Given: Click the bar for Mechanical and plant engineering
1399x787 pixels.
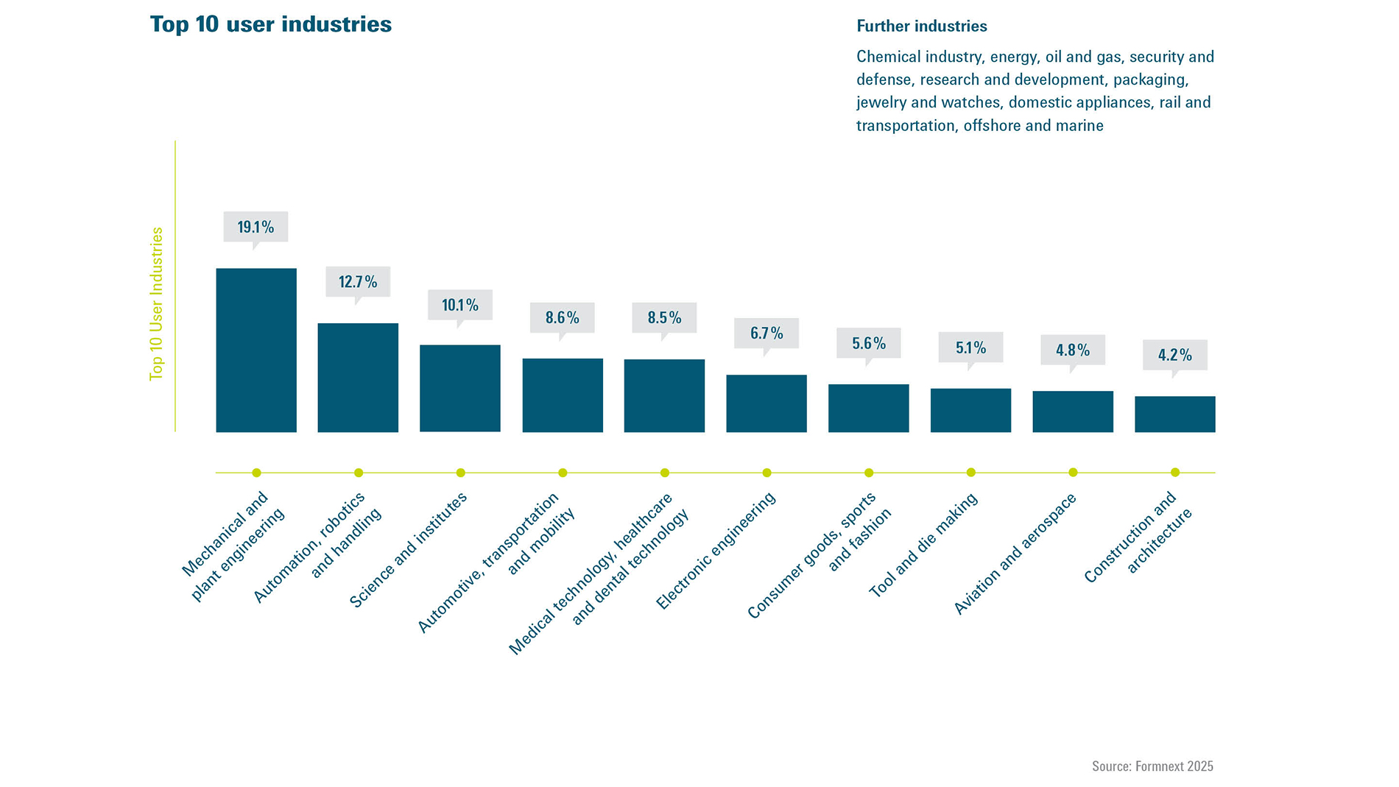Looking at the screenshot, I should (256, 350).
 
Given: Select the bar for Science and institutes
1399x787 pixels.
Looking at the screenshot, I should (459, 388).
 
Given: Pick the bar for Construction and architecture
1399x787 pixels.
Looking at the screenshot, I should (1174, 414).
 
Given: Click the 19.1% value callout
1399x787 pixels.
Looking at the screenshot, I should (256, 227).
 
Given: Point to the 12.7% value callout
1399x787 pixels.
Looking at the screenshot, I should (358, 282).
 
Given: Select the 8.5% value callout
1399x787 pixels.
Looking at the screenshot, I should (664, 317).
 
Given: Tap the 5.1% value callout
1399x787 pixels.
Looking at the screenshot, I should (970, 347).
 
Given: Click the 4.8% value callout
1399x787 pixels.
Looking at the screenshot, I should (1072, 350).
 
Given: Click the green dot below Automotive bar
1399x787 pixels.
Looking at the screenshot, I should (563, 473).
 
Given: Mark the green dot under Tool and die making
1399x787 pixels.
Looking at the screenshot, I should (970, 473).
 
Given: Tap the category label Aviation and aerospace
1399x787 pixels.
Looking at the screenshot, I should (1015, 554).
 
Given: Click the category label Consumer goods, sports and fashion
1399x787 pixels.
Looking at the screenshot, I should (819, 556).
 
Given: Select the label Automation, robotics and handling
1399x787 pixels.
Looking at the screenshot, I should (317, 546).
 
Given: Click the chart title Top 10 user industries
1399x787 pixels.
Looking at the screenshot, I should (270, 24).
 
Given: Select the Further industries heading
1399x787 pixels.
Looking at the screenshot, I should (921, 27).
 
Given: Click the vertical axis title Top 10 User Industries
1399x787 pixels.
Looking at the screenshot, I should (156, 303).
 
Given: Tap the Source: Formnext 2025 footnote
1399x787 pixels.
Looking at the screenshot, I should (1152, 766).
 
